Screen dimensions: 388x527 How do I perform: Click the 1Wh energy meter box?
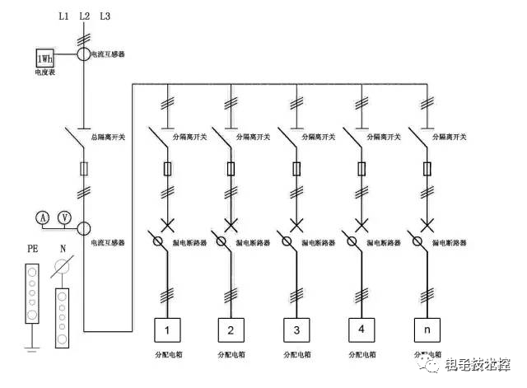coord(43,58)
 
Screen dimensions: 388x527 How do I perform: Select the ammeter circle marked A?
coord(43,217)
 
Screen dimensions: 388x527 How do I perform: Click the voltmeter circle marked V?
coord(64,217)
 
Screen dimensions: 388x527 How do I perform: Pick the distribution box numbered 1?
coord(168,330)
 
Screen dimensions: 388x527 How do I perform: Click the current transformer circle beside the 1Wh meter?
coord(84,54)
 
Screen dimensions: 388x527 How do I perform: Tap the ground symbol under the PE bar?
coord(32,350)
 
